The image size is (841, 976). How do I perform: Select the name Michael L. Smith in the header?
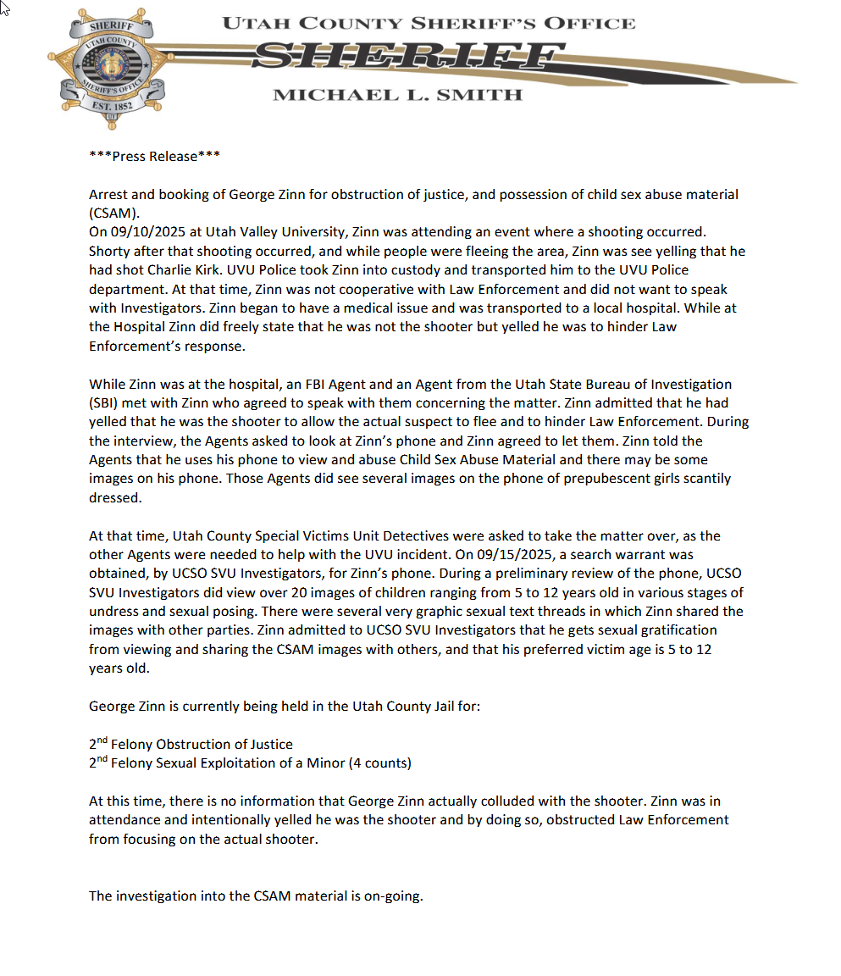tap(397, 95)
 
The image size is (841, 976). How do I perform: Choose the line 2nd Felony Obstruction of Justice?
tap(191, 744)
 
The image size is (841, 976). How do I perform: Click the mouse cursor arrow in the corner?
tap(5, 8)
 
